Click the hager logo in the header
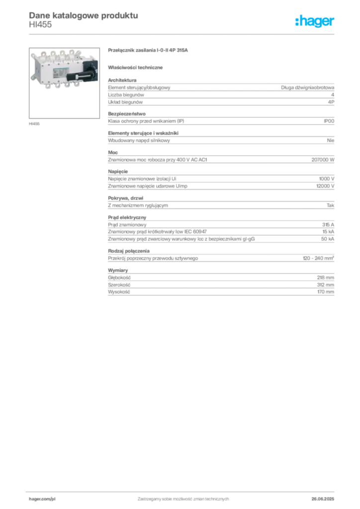315,21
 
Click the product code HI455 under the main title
40,25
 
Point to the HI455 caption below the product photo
34,124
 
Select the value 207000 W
323,160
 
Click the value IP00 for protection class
329,121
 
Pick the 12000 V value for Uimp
325,186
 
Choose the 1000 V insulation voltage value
327,179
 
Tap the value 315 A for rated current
328,225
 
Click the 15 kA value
328,232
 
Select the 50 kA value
328,239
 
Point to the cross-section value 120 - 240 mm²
318,258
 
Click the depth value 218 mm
326,277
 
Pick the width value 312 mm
326,285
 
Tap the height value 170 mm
326,292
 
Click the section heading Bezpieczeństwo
127,114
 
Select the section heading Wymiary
118,270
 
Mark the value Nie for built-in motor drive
331,141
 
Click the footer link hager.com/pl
42,499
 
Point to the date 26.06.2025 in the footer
323,499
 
